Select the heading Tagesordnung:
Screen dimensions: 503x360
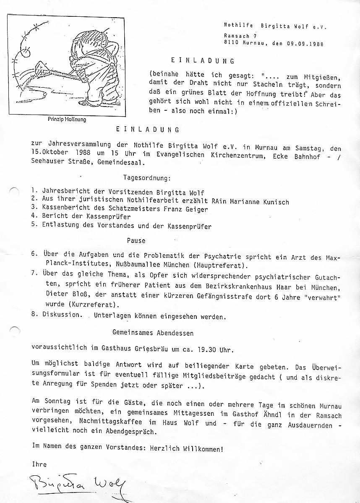147,178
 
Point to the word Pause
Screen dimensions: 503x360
136,241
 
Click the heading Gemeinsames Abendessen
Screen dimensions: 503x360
153,333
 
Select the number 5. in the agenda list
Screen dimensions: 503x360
35,226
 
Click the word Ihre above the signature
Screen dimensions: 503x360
39,464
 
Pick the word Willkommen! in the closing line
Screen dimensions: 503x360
203,448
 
